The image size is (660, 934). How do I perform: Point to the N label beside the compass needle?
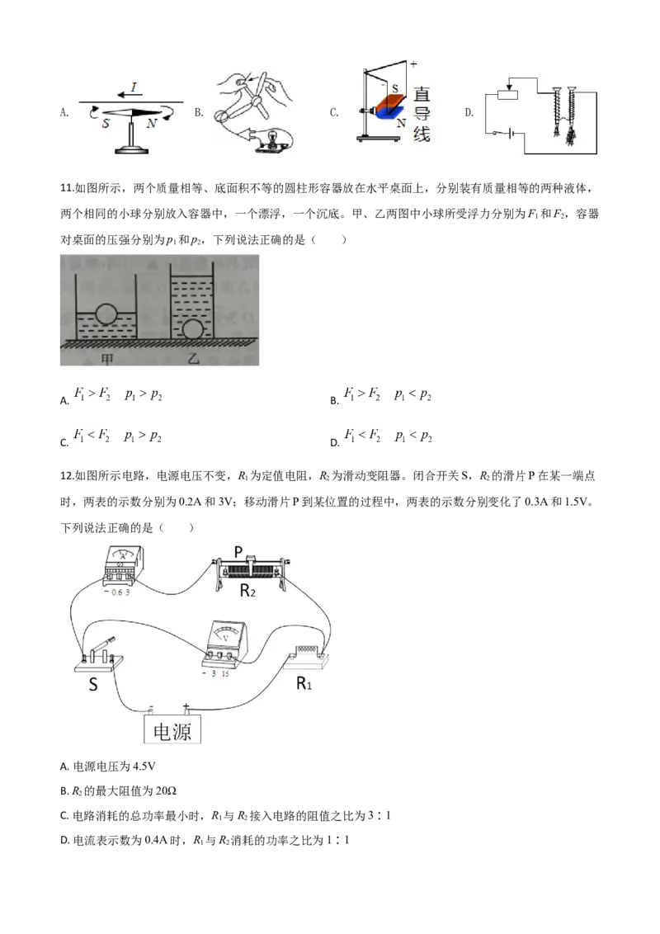tap(151, 124)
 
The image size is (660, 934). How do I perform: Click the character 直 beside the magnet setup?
tap(422, 95)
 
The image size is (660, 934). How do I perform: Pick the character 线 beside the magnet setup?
tap(422, 133)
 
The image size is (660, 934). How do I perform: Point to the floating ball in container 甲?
tap(105, 314)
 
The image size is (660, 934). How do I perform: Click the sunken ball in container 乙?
tap(192, 328)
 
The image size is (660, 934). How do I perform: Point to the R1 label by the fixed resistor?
tap(306, 684)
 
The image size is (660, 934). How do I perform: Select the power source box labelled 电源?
tap(174, 730)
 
